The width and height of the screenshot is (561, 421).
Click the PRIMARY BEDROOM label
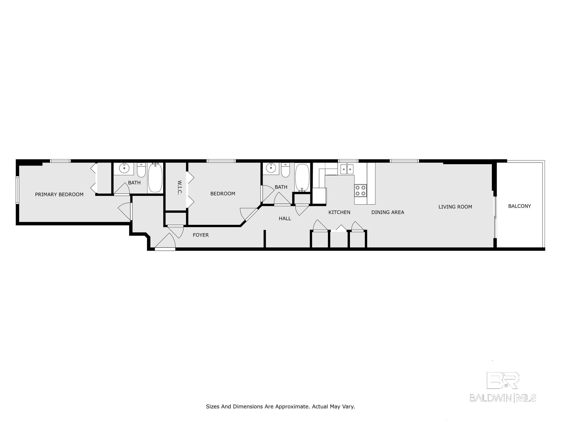tap(59, 194)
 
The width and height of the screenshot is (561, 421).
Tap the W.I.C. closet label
tap(180, 187)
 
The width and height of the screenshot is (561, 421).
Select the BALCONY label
tap(519, 206)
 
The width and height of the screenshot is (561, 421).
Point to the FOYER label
tap(201, 235)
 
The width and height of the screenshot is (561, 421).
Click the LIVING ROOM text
tap(455, 207)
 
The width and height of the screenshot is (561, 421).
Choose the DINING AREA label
tap(387, 212)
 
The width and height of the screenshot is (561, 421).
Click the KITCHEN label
tap(339, 212)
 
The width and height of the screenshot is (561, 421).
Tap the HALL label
tap(285, 219)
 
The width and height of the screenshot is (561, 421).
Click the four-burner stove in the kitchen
tap(360, 190)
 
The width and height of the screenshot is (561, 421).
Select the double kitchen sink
tap(347, 169)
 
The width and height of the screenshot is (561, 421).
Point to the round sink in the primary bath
tap(124, 168)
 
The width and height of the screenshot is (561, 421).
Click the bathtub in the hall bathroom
tap(302, 178)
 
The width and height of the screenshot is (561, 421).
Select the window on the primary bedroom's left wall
tap(18, 190)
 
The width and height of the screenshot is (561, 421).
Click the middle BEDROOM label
tap(223, 194)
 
